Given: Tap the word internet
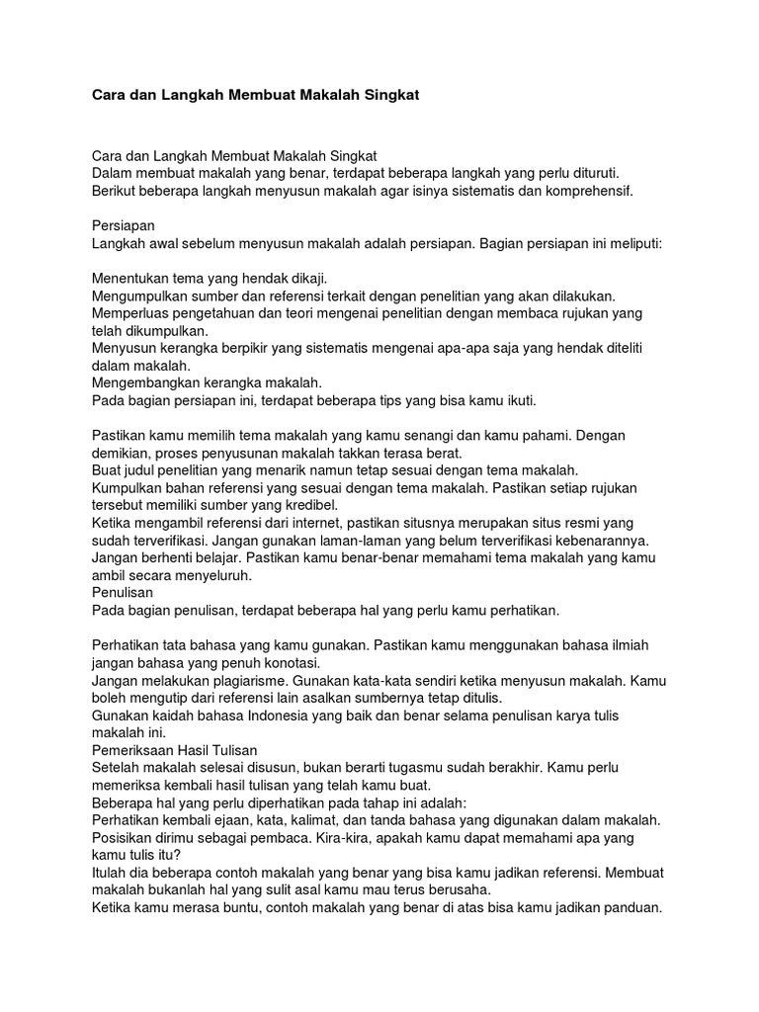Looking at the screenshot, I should tap(333, 523).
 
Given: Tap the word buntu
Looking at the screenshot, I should tap(230, 908).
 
